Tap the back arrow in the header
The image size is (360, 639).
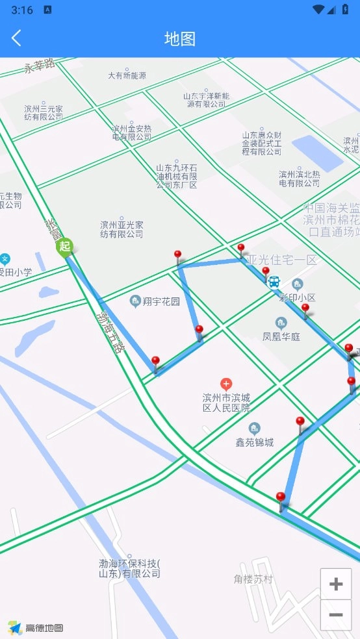[17, 38]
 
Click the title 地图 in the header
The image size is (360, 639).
[180, 39]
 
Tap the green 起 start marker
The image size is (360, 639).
[64, 247]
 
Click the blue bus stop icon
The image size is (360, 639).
[274, 282]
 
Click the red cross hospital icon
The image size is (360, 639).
[226, 384]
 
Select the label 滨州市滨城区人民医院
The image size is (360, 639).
[226, 403]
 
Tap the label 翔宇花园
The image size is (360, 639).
[161, 301]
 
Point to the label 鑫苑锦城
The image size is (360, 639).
[254, 442]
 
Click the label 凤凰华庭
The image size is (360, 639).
[281, 336]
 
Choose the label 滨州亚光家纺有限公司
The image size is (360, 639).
[122, 229]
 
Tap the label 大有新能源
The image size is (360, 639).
[127, 75]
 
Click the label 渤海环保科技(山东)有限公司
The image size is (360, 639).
[129, 568]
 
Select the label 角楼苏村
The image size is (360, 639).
[253, 579]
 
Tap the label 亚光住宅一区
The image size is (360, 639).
[285, 260]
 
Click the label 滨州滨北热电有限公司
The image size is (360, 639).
[300, 179]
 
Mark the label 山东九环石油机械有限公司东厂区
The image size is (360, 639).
[176, 176]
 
